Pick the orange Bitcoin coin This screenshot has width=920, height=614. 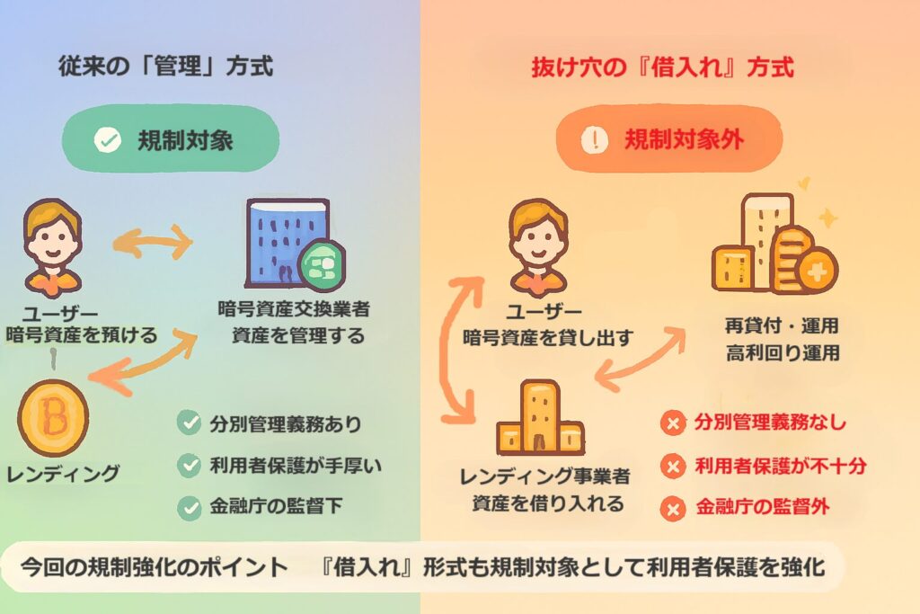click(53, 417)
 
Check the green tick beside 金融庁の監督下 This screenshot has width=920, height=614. click(189, 508)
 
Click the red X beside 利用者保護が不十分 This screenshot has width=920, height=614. click(671, 466)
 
